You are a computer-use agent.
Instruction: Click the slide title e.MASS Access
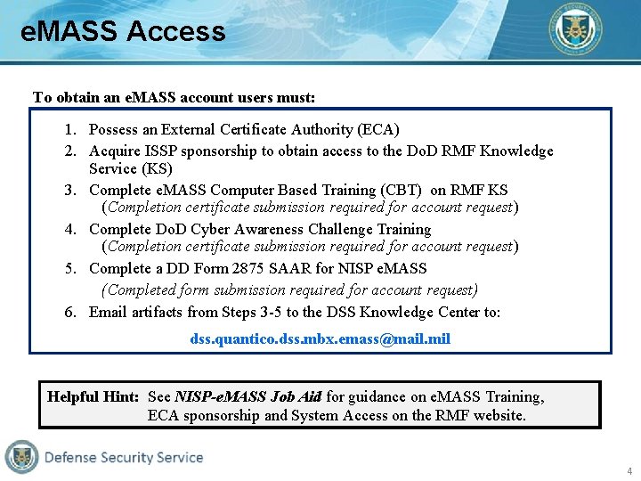click(123, 31)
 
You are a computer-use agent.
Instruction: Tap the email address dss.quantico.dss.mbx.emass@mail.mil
click(320, 339)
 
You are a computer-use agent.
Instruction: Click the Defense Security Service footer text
click(124, 457)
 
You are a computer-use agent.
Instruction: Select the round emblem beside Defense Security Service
click(21, 457)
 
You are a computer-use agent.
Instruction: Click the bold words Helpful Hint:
click(93, 396)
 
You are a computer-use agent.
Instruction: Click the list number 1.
click(69, 130)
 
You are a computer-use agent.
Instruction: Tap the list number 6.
click(69, 312)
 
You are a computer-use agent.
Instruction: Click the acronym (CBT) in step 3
click(404, 190)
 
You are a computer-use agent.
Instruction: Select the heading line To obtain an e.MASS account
click(174, 97)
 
